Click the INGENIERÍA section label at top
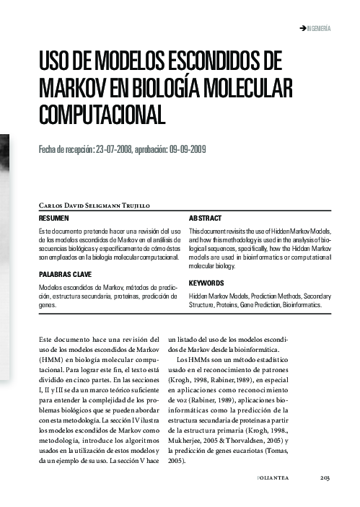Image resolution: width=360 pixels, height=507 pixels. click(318, 28)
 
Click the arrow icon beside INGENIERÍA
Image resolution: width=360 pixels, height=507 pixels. click(302, 28)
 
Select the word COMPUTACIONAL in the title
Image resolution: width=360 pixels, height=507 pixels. click(102, 114)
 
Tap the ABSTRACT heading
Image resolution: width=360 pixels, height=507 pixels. click(205, 218)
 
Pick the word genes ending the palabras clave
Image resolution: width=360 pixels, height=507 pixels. click(48, 305)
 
